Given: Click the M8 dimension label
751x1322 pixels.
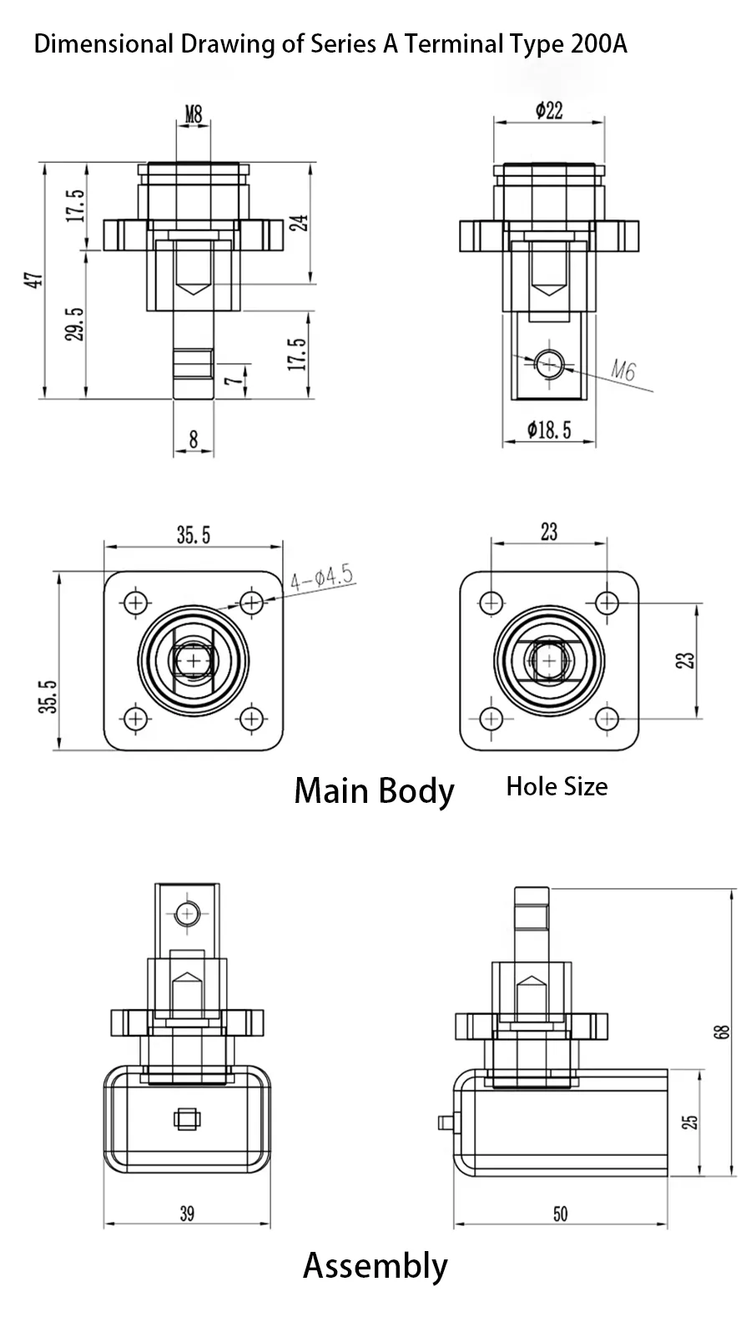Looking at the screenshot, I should click(194, 114).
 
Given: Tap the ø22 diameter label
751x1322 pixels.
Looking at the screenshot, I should click(549, 109).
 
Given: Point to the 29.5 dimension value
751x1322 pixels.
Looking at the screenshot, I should click(75, 324).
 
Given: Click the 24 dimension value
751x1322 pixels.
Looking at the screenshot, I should click(299, 223).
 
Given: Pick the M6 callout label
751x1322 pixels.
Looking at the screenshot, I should click(623, 370).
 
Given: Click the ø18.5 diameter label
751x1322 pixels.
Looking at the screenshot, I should click(549, 430).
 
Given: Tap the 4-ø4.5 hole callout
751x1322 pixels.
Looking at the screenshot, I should click(322, 578).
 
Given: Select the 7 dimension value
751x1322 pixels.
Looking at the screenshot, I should click(236, 377).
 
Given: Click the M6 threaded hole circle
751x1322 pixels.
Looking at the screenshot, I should click(550, 363).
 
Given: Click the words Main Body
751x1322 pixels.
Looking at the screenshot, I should click(374, 790).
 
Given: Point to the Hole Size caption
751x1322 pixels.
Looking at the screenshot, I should click(557, 786).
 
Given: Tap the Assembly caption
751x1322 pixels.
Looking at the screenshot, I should click(375, 1265).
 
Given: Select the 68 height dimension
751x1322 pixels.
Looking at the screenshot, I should click(723, 1032).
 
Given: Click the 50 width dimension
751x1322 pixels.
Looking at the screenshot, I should click(560, 1214).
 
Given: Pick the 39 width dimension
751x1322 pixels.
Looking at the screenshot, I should click(187, 1214).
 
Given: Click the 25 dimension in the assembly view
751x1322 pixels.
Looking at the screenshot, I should click(690, 1123).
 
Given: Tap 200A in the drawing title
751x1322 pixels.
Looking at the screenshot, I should click(599, 43).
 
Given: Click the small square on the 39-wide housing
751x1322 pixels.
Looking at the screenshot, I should click(187, 1118).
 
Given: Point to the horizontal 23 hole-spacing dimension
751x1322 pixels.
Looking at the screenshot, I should click(549, 532).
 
